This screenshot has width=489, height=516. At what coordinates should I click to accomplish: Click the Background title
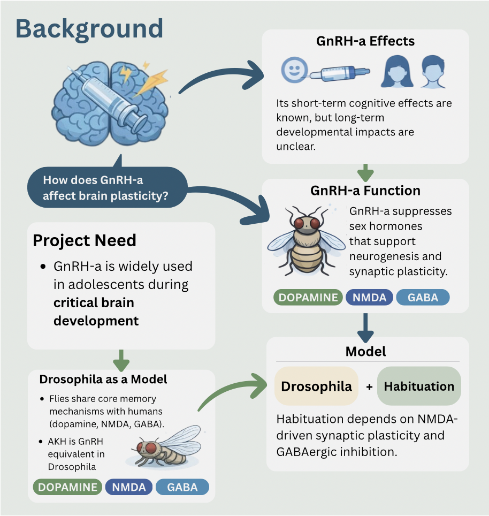tap(89, 28)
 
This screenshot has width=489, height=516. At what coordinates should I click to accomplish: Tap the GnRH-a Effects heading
tap(365, 41)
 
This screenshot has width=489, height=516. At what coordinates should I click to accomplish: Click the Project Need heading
tap(85, 240)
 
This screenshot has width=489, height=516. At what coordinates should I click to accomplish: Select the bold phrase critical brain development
tap(96, 312)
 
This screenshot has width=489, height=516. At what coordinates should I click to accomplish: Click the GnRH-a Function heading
tap(365, 191)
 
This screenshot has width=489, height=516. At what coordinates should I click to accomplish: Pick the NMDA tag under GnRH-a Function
tap(369, 298)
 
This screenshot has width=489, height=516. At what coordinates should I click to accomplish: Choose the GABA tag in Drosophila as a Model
tap(182, 487)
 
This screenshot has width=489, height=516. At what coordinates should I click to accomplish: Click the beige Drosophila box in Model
tap(316, 386)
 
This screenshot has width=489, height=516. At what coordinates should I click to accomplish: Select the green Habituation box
tap(419, 386)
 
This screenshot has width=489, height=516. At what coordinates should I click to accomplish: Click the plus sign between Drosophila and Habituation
tap(369, 386)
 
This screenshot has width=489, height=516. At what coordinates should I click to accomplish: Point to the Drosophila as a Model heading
tap(103, 380)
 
